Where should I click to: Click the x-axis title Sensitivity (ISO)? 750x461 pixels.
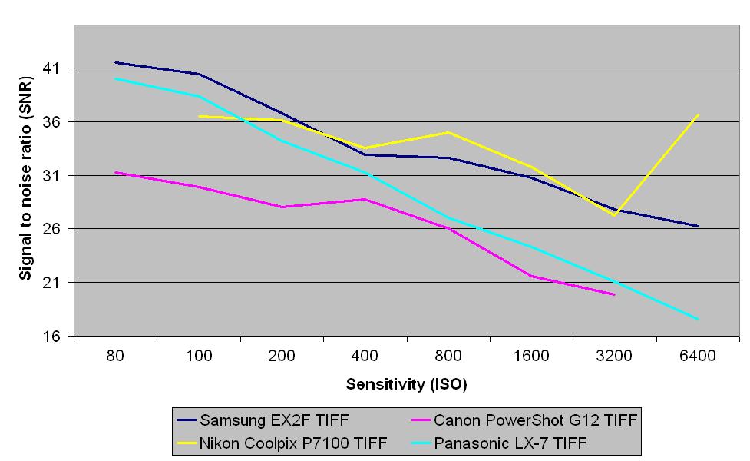(x=406, y=383)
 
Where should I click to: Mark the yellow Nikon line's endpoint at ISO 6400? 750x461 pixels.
(x=698, y=115)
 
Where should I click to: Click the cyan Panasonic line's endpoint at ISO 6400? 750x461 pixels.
(x=698, y=319)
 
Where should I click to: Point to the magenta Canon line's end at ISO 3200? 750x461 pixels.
(x=614, y=294)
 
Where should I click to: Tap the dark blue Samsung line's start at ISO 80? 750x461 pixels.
(x=115, y=62)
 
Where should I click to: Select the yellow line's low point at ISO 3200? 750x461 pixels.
(x=614, y=215)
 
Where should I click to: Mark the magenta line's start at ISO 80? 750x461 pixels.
(x=115, y=172)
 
